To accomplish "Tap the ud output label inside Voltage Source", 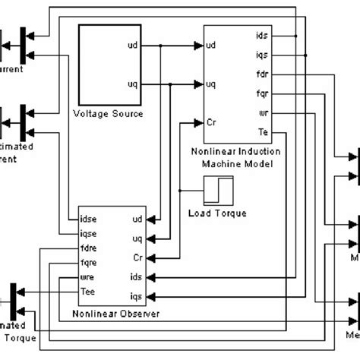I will (x=134, y=45).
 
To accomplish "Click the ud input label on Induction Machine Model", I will (x=212, y=45).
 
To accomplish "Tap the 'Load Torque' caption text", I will (x=217, y=213).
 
